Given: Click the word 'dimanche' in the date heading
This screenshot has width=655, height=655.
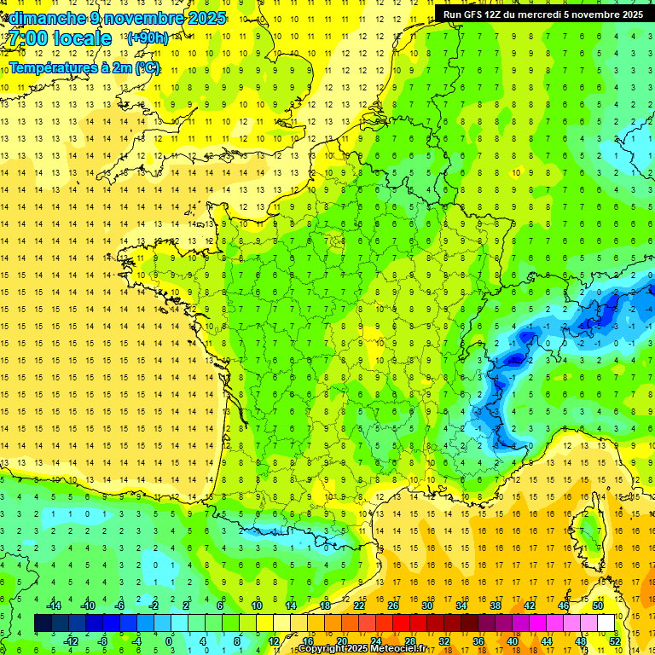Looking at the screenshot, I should tap(43, 17).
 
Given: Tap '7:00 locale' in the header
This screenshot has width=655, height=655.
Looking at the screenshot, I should tap(60, 38).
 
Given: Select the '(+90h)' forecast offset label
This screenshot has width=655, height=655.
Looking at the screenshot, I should tap(147, 38).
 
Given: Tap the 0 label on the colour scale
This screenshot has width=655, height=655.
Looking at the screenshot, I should tap(169, 641).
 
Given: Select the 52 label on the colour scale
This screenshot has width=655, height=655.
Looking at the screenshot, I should tap(614, 641).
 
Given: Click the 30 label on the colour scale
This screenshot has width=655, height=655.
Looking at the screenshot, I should tap(427, 605).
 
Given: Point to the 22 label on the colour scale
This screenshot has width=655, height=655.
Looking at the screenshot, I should tap(359, 605).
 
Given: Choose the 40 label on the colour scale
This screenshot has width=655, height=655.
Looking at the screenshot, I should tap(512, 641).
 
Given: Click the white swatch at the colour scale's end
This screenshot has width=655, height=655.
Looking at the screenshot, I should tap(606, 623).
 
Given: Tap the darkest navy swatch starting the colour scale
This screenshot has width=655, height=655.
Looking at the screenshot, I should tap(43, 623).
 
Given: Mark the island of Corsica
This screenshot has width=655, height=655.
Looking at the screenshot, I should tap(588, 533).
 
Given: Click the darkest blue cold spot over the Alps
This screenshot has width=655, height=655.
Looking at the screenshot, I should tap(513, 361).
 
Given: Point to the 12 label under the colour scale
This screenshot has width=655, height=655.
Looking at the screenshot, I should tap(273, 641).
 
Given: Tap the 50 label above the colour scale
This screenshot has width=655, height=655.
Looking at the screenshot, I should tap(597, 605).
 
